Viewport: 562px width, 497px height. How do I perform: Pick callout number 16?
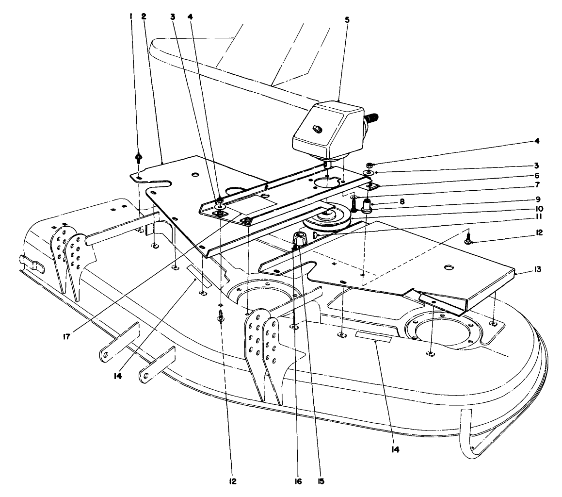tap(298, 481)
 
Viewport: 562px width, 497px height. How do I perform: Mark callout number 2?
tap(144, 16)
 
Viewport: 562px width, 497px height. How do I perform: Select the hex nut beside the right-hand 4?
tap(369, 165)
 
